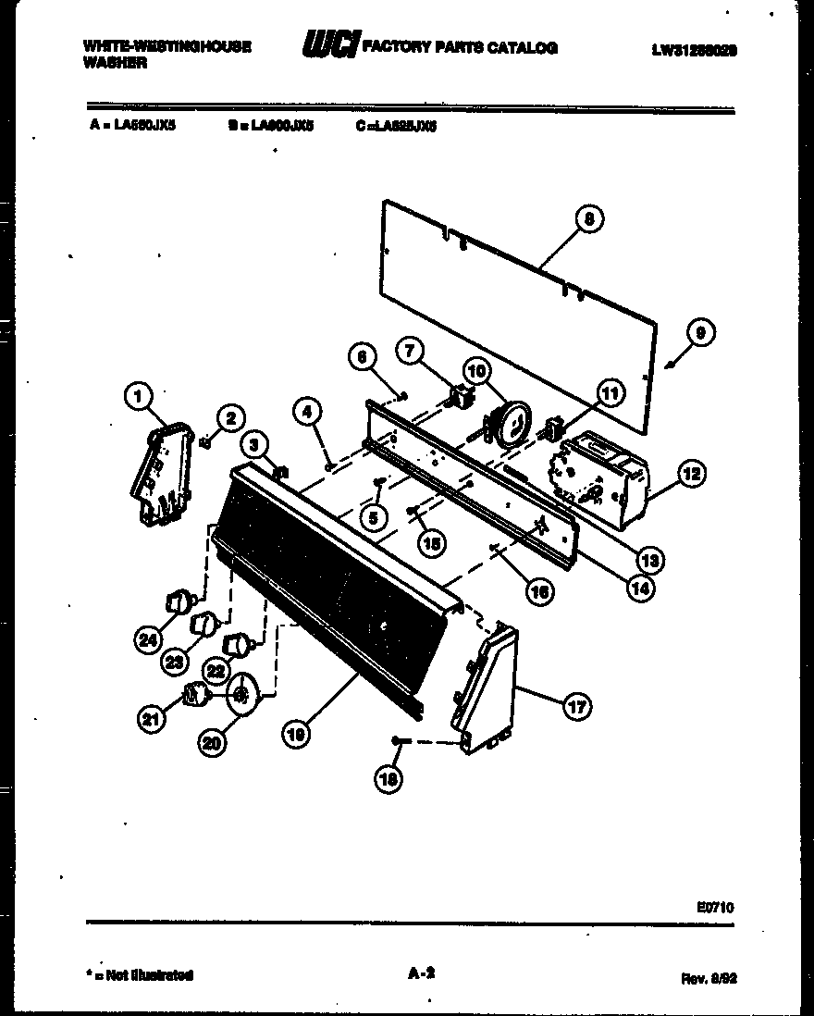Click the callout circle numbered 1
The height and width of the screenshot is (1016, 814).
pos(138,398)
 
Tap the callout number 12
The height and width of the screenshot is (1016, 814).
pos(690,474)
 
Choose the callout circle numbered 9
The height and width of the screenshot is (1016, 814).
pos(702,333)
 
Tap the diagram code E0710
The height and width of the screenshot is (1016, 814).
pos(716,908)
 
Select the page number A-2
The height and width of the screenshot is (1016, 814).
pos(421,973)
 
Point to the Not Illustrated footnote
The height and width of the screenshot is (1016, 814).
pos(139,974)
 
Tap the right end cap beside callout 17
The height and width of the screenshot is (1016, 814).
pos(483,688)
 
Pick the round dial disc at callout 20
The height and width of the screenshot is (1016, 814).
pos(243,691)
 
